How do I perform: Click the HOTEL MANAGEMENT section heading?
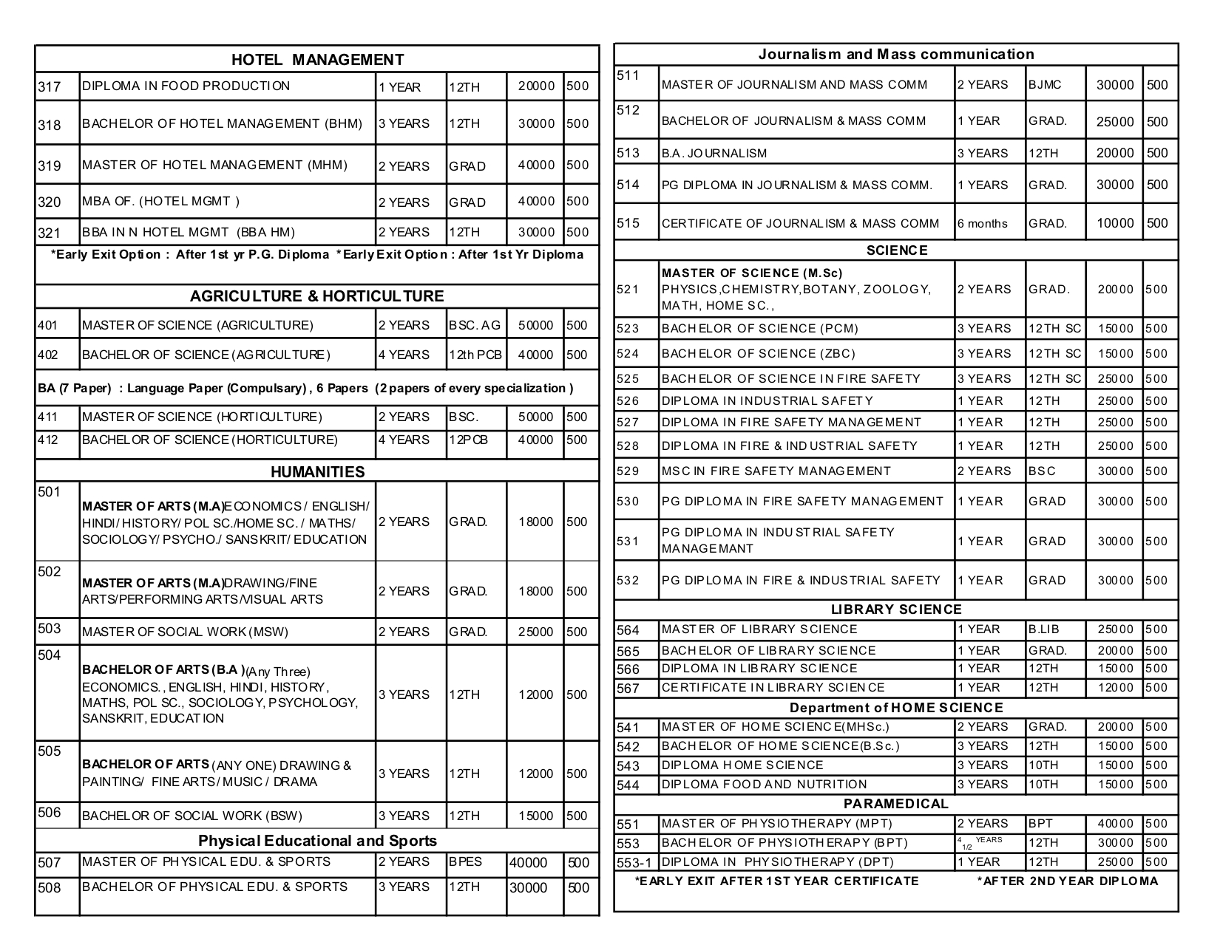[317, 60]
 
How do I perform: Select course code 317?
[49, 87]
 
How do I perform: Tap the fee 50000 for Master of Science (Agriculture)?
[535, 325]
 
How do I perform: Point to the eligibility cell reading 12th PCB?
[475, 355]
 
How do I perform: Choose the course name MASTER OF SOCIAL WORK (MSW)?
[185, 632]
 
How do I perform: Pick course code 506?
[49, 813]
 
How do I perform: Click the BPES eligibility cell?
[465, 861]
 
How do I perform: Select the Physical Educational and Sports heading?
[317, 841]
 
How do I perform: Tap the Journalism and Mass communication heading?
[896, 54]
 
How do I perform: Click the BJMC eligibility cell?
[1045, 84]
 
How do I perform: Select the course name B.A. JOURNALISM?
[714, 153]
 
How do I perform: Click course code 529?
[628, 471]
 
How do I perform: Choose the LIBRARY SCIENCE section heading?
[896, 610]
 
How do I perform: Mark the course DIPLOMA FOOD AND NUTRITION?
[764, 785]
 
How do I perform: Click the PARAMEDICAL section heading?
[896, 804]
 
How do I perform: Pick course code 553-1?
[634, 862]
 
